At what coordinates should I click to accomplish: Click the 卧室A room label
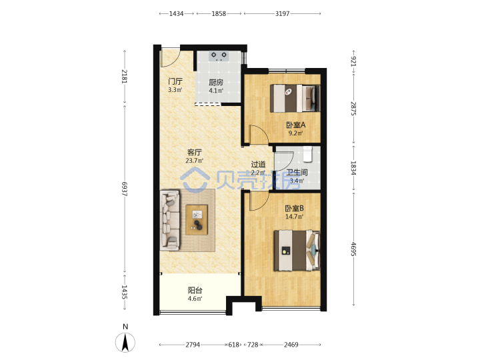tap(295, 125)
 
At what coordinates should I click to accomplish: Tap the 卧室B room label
tap(294, 209)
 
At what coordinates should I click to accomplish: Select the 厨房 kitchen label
tap(216, 83)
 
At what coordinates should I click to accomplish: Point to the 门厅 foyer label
tap(175, 81)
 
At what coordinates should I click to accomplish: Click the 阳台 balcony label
tap(195, 290)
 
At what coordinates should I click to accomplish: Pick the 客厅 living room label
tap(195, 152)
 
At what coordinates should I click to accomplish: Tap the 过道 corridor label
tap(258, 165)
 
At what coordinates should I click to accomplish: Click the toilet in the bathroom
tap(307, 154)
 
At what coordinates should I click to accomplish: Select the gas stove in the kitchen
tap(219, 56)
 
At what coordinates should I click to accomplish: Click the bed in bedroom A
tap(295, 98)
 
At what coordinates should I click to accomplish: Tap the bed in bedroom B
tap(297, 251)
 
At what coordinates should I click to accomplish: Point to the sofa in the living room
tap(170, 220)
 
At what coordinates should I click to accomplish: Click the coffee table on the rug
tap(197, 220)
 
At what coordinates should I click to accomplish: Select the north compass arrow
tap(125, 342)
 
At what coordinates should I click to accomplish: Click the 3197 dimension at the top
tap(282, 13)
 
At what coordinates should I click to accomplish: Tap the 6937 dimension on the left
tap(124, 189)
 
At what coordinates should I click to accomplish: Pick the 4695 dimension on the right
tap(353, 249)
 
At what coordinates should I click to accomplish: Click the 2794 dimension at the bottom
tap(193, 345)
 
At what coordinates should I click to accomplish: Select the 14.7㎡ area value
tap(294, 217)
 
